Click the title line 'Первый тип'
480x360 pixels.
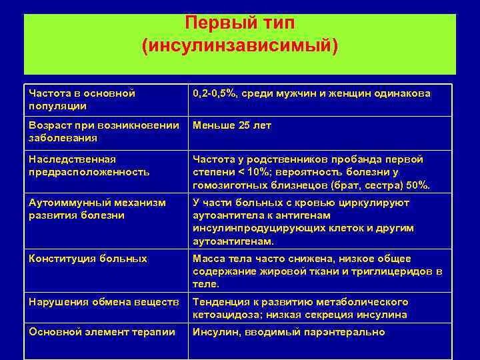click(239, 23)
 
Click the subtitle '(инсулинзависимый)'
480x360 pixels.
click(239, 46)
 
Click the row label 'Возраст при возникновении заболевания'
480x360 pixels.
click(104, 131)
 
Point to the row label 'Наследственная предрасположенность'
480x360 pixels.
click(89, 165)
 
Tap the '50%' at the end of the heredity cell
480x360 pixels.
click(419, 185)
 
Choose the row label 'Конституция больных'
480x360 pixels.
click(88, 259)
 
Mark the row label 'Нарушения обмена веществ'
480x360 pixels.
click(104, 302)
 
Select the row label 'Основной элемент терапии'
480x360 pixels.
click(102, 332)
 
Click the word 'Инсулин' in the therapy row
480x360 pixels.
click(215, 332)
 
